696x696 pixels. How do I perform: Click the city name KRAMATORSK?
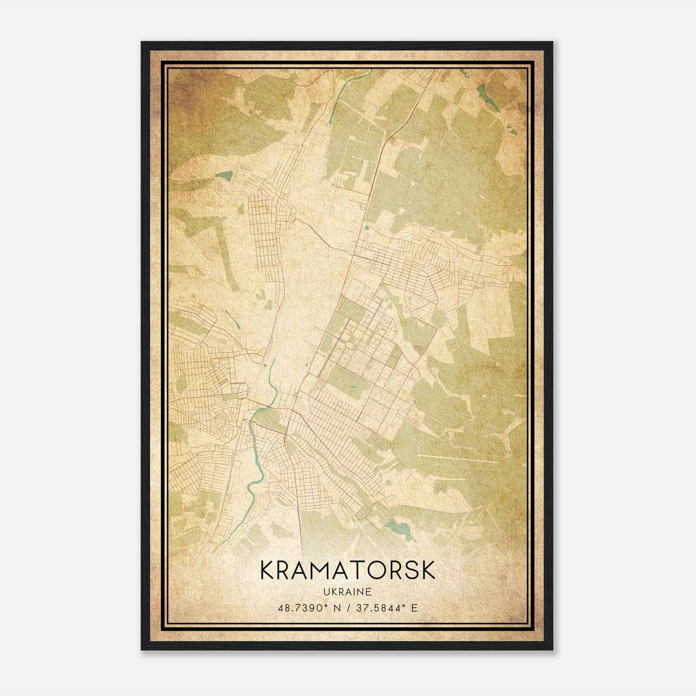pyautogui.click(x=347, y=570)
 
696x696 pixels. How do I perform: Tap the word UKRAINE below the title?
pyautogui.click(x=347, y=592)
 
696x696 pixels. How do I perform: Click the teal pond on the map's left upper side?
pyautogui.click(x=225, y=176)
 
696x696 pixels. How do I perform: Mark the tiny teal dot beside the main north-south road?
pyautogui.click(x=367, y=227)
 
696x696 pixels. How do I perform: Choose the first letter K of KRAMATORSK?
pyautogui.click(x=267, y=570)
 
